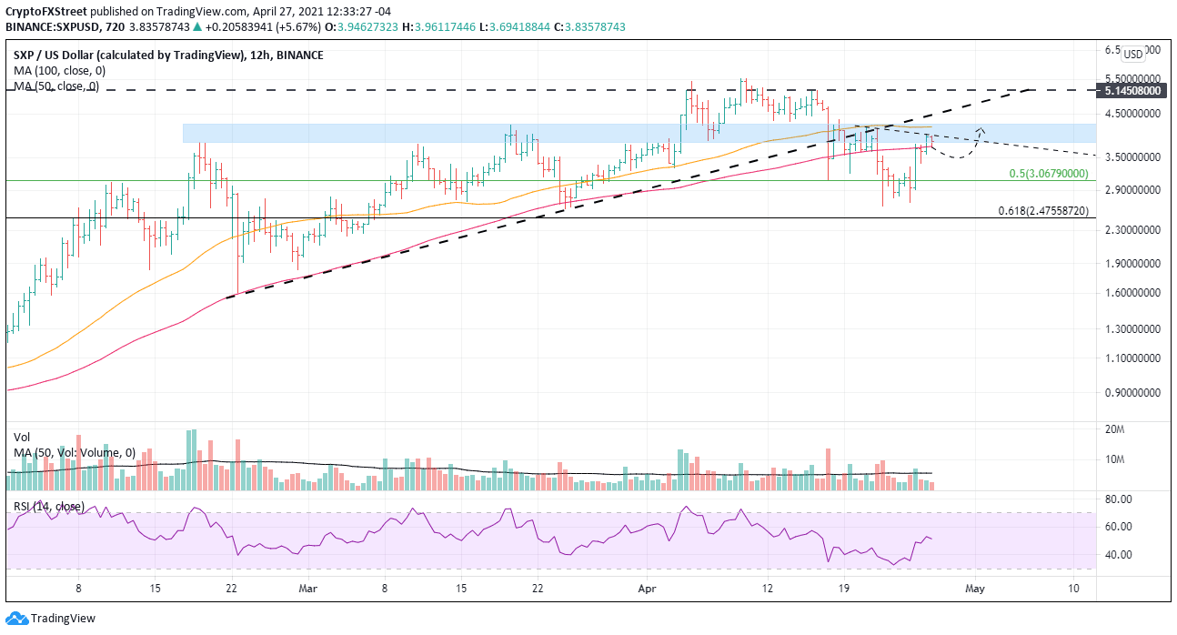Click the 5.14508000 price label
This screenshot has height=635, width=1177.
pos(1133,91)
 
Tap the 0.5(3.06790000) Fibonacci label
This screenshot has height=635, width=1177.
pos(1049,173)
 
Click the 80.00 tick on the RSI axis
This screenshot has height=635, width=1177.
pos(1118,499)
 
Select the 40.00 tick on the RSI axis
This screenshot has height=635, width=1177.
pos(1118,555)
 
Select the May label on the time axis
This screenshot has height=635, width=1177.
pos(974,588)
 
